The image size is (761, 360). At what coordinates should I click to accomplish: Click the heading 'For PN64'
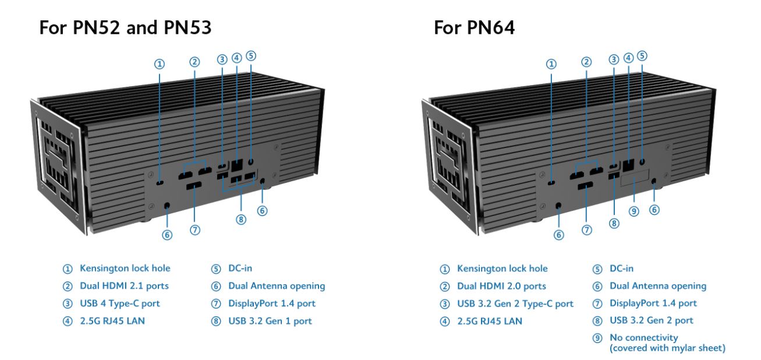(474, 28)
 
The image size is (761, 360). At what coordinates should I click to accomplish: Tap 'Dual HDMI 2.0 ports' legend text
(501, 286)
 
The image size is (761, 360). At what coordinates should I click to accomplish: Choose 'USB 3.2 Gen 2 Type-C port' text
(515, 303)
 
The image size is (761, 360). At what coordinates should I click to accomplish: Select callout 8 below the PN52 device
(240, 219)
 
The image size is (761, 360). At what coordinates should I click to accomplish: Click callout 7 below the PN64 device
(587, 231)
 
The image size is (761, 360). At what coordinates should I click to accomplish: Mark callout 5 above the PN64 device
(642, 56)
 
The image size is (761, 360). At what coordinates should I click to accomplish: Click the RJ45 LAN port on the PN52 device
(238, 165)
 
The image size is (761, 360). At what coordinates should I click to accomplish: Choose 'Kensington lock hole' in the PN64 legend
(502, 269)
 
